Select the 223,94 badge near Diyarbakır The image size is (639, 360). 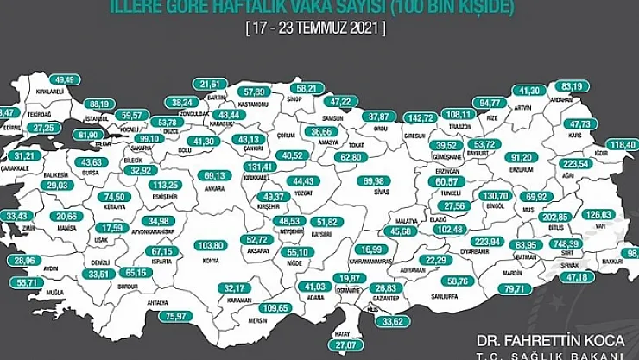click(x=486, y=241)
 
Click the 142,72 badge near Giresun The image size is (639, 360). click(x=422, y=117)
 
